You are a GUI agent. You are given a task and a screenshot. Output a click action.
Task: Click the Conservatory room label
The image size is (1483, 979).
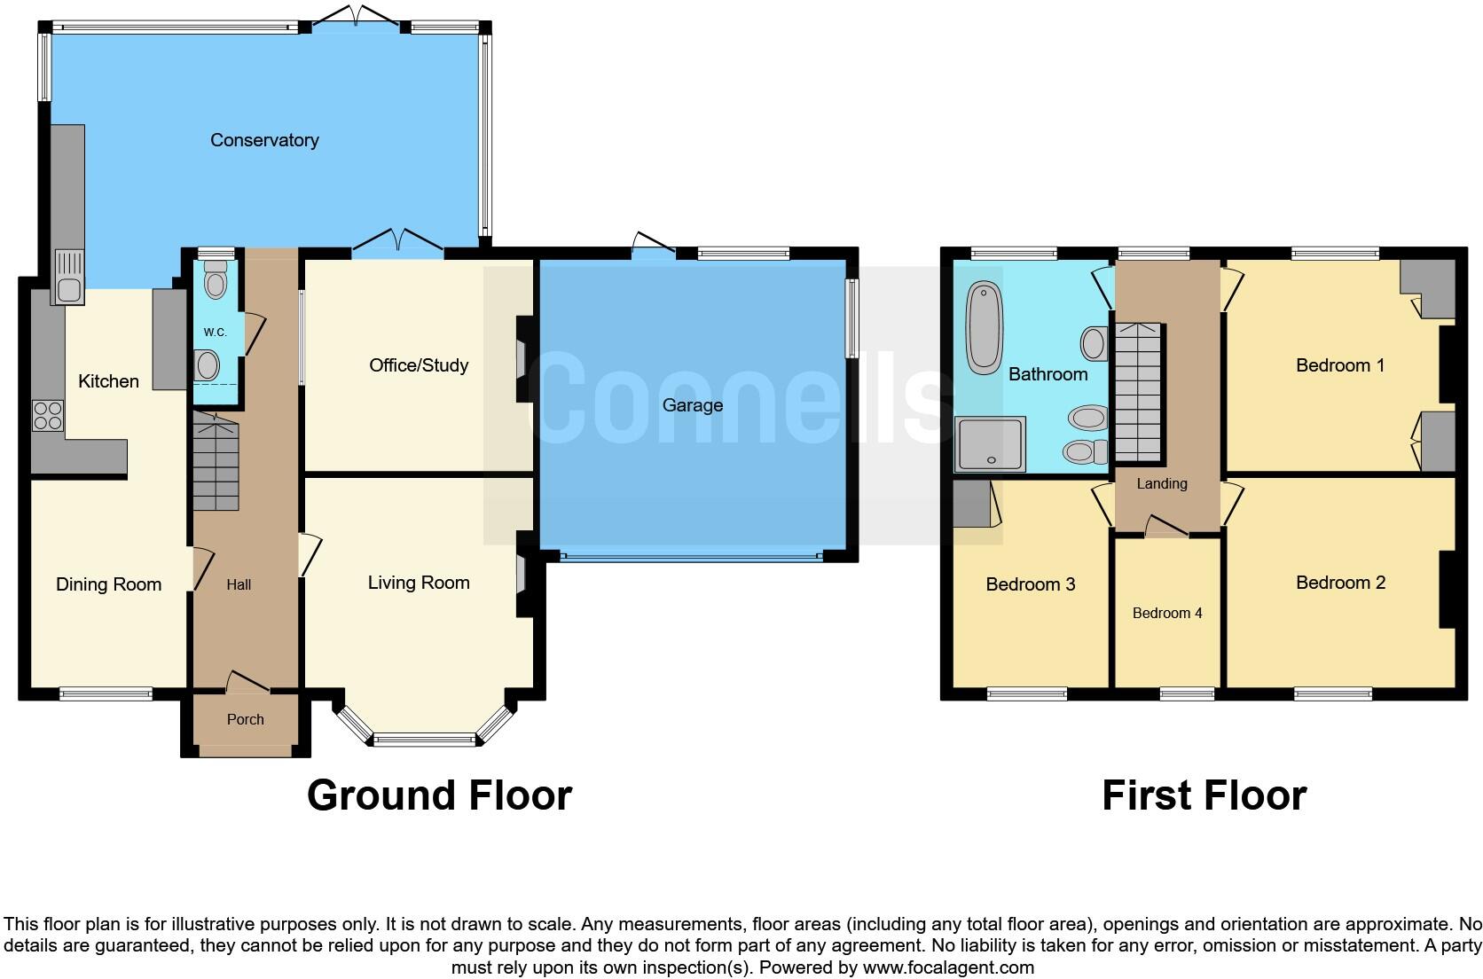click(x=264, y=140)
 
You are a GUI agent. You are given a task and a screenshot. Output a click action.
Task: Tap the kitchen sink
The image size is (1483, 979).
click(x=68, y=276)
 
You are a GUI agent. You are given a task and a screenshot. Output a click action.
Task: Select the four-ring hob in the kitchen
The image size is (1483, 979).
click(x=48, y=416)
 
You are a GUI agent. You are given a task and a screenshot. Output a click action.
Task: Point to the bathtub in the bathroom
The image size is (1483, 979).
click(x=984, y=327)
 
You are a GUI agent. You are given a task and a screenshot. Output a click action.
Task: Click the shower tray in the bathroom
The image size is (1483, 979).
click(x=990, y=443)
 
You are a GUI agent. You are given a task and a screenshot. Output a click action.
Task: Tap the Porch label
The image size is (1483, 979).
click(x=246, y=719)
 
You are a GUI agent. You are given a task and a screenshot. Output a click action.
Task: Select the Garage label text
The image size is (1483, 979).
click(x=692, y=405)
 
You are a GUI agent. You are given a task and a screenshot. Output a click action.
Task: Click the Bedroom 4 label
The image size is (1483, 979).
click(x=1167, y=613)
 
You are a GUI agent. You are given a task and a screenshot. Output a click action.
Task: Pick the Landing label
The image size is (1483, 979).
click(x=1162, y=483)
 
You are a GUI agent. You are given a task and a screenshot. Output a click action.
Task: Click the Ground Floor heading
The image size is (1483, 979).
click(x=439, y=795)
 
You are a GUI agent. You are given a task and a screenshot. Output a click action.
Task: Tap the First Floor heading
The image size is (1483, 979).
click(x=1204, y=795)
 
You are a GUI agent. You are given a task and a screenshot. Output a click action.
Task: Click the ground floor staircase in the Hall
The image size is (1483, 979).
click(x=216, y=466)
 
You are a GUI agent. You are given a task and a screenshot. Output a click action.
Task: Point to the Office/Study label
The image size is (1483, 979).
click(x=419, y=365)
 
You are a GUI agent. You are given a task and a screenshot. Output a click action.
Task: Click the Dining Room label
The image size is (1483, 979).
click(x=108, y=584)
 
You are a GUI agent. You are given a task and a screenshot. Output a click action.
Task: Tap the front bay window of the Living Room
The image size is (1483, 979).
click(x=424, y=738)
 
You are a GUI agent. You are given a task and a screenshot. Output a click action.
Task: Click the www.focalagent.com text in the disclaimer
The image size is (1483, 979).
click(x=948, y=967)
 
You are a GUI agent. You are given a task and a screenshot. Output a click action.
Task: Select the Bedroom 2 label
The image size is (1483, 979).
click(x=1340, y=583)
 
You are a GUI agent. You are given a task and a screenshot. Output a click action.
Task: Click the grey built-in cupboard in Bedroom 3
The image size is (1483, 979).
click(x=971, y=504)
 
